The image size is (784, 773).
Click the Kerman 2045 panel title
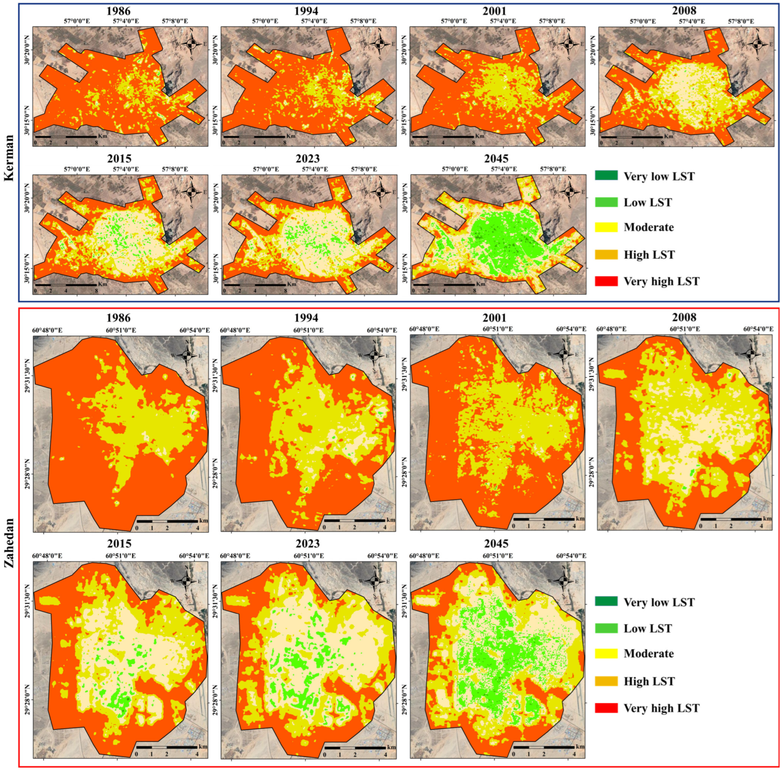[x=497, y=158]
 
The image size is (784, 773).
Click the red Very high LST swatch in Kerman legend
[x=606, y=281]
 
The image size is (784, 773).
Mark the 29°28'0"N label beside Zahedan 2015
[x=28, y=699]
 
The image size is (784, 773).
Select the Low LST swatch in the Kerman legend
[x=606, y=202]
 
